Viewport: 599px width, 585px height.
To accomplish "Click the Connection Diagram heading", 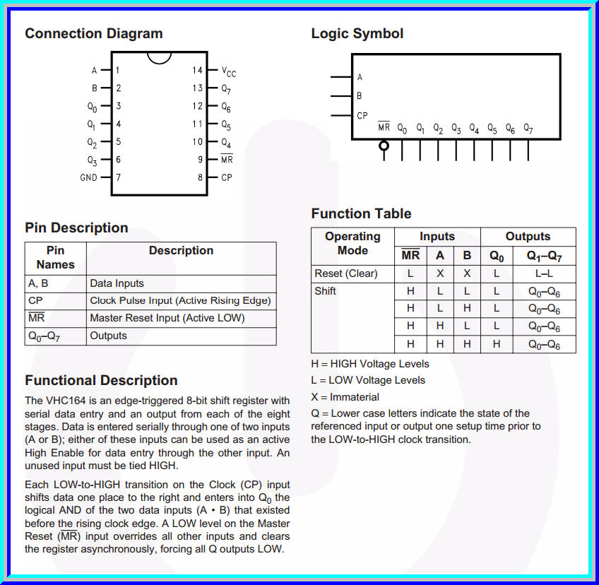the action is tap(93, 34).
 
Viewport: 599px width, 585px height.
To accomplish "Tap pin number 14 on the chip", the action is tap(197, 70).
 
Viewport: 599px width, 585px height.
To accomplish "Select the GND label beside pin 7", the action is tap(88, 177).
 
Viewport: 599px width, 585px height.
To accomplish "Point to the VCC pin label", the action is tap(229, 71).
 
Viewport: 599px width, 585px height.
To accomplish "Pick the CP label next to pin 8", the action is tap(227, 177).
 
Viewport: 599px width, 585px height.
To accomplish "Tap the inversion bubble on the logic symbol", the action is tap(384, 146).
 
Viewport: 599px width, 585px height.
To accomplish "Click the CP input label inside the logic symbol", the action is tap(362, 115).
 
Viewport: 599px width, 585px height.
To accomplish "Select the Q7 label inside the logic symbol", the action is tap(528, 129).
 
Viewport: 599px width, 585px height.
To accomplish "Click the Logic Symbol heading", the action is tap(357, 34).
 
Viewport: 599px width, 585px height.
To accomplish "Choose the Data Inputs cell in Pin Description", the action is tap(117, 283).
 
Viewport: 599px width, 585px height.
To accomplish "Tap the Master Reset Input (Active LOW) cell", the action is tap(167, 318).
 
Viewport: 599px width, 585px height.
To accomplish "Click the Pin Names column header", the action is tap(55, 257).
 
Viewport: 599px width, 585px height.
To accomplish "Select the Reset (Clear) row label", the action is tap(346, 273).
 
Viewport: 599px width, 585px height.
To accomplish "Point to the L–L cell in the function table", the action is tap(544, 273).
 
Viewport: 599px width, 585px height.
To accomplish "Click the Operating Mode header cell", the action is tap(352, 243).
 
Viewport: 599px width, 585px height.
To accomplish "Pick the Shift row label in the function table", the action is tap(325, 291).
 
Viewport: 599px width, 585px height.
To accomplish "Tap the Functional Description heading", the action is tap(101, 381).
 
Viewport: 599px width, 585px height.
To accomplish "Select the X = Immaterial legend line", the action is tap(345, 397).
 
